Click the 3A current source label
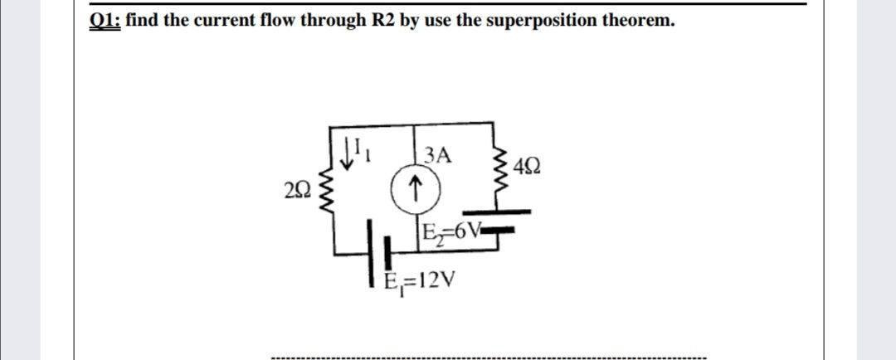(x=436, y=154)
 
